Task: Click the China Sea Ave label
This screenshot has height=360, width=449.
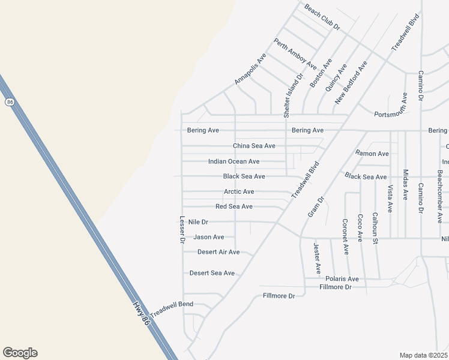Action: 254,146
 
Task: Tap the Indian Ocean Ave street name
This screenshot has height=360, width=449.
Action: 234,161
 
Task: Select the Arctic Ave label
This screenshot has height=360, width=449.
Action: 239,191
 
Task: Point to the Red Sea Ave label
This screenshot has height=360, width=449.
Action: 234,206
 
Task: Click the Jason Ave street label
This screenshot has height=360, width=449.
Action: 208,237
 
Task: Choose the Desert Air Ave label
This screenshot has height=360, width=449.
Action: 218,252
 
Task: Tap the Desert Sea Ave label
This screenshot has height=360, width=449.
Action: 212,273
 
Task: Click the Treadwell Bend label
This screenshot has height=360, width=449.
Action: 172,308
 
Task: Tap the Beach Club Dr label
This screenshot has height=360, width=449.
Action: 322,17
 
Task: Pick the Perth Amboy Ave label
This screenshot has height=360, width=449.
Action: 295,54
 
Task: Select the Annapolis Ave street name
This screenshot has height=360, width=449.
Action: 250,69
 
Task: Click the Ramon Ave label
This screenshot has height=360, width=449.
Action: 372,154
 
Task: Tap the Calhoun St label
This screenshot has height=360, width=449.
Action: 375,228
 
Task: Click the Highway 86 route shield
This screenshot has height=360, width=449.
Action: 10,102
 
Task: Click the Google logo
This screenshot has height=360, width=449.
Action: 20,353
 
